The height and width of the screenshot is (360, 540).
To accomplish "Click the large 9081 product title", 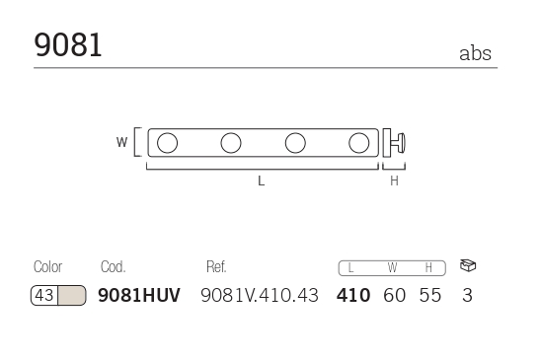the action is [x=68, y=44].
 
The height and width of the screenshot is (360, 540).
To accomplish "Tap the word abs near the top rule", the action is [x=475, y=53].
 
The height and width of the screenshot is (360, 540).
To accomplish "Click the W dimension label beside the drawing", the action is [x=121, y=142].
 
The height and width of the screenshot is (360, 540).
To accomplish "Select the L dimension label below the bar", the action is [x=262, y=180].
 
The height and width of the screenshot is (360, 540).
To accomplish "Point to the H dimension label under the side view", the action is [x=394, y=180].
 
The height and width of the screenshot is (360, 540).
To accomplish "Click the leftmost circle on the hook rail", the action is [x=168, y=143].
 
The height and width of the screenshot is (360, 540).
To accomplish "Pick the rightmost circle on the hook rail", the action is [x=359, y=143].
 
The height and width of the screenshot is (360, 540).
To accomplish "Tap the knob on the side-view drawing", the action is [x=399, y=143].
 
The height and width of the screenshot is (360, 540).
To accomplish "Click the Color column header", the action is [x=47, y=266].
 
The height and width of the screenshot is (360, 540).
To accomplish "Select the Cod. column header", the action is [x=114, y=266].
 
